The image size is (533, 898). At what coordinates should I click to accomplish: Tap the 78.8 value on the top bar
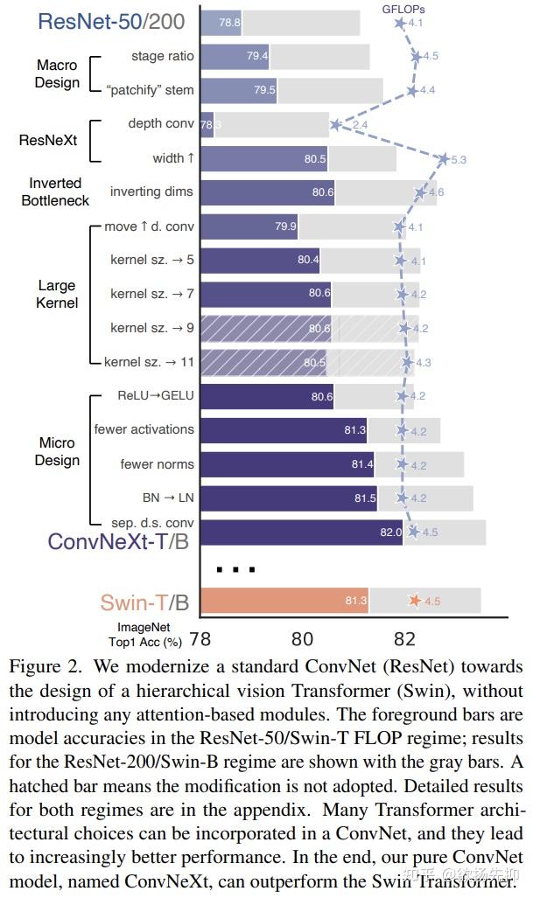click(x=229, y=23)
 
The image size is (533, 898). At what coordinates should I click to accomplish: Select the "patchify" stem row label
click(x=150, y=90)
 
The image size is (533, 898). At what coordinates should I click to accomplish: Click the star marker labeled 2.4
click(x=335, y=125)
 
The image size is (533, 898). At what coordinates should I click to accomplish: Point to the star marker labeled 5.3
click(x=443, y=159)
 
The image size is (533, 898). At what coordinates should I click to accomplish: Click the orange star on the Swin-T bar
click(x=414, y=601)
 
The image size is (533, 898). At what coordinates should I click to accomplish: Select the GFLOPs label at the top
click(x=403, y=7)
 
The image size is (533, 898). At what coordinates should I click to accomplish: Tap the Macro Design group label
click(x=57, y=74)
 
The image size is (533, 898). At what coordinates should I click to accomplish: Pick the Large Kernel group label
click(x=57, y=294)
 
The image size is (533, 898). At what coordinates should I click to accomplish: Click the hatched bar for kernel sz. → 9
click(x=265, y=329)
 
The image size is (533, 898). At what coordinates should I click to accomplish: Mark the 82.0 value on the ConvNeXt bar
click(x=390, y=532)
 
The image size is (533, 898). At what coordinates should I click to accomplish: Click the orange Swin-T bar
click(x=284, y=601)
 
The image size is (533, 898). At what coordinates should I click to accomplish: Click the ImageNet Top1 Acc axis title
click(x=150, y=634)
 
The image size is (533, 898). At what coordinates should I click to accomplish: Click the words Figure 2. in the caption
click(x=43, y=667)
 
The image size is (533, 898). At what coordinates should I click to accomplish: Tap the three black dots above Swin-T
click(x=235, y=569)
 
